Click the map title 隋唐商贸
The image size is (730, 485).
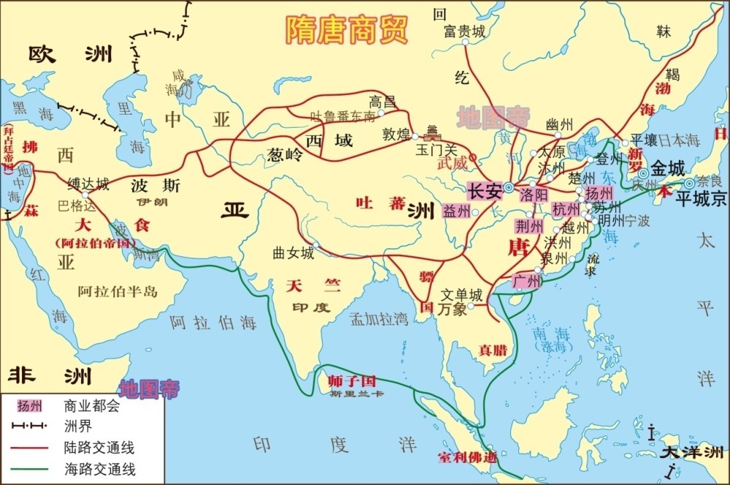coord(347,30)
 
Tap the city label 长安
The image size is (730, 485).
coord(485,192)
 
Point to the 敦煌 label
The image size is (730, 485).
coord(396,134)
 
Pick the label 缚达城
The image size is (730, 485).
coord(88,183)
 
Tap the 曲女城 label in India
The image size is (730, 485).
coord(293,253)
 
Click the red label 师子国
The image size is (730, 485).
coord(351,381)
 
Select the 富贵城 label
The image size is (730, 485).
coord(464,31)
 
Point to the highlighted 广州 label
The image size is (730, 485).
coord(526,280)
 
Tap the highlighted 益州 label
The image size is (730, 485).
coord(456,211)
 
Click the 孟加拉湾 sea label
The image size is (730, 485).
coord(379,318)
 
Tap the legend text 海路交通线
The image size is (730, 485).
coord(99,469)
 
